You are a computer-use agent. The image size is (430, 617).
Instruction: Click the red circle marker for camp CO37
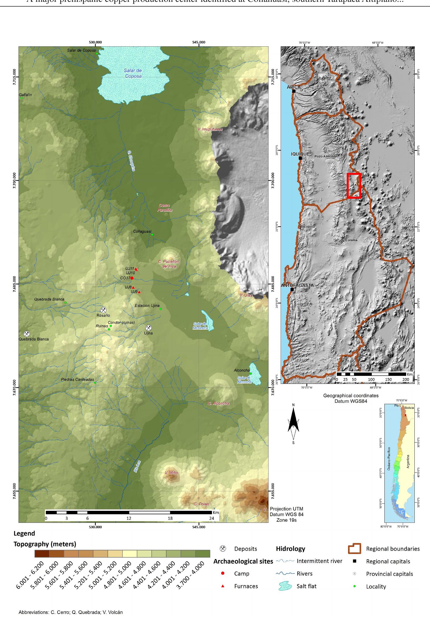tap(132, 278)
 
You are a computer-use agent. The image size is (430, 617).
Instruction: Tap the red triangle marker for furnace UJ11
tap(136, 269)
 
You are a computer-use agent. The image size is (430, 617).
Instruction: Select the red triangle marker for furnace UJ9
tap(139, 292)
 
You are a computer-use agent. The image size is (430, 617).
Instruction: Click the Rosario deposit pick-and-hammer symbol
tap(103, 310)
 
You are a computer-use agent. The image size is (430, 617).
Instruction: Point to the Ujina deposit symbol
tap(148, 328)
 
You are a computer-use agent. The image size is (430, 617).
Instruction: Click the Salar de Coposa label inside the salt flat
tap(133, 73)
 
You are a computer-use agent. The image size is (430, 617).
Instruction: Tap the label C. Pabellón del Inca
tap(169, 264)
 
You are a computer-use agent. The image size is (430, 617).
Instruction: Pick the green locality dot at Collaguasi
tap(152, 234)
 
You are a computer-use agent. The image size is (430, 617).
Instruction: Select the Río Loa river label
tap(137, 466)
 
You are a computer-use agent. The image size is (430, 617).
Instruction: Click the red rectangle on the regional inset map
tap(353, 186)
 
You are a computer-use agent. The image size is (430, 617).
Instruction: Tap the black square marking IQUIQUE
tap(300, 158)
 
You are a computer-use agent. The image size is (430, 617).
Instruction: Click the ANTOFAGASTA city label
tap(297, 285)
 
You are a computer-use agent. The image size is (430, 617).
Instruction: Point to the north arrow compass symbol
tap(294, 422)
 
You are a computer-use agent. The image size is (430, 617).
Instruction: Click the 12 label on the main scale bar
tap(129, 518)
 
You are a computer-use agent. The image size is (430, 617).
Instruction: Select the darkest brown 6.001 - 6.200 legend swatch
tap(42, 553)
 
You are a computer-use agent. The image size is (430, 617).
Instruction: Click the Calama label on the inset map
tap(351, 240)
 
